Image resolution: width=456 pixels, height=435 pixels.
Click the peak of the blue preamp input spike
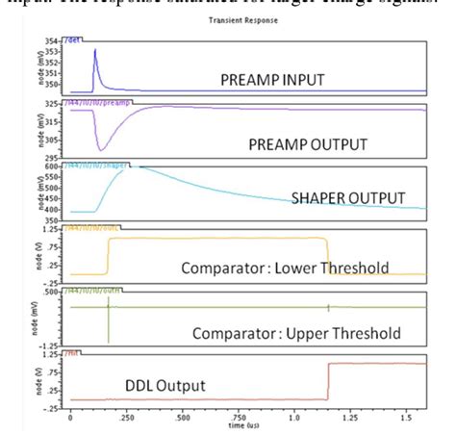pyautogui.click(x=95, y=50)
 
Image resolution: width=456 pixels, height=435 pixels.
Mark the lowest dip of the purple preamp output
pyautogui.click(x=100, y=149)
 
